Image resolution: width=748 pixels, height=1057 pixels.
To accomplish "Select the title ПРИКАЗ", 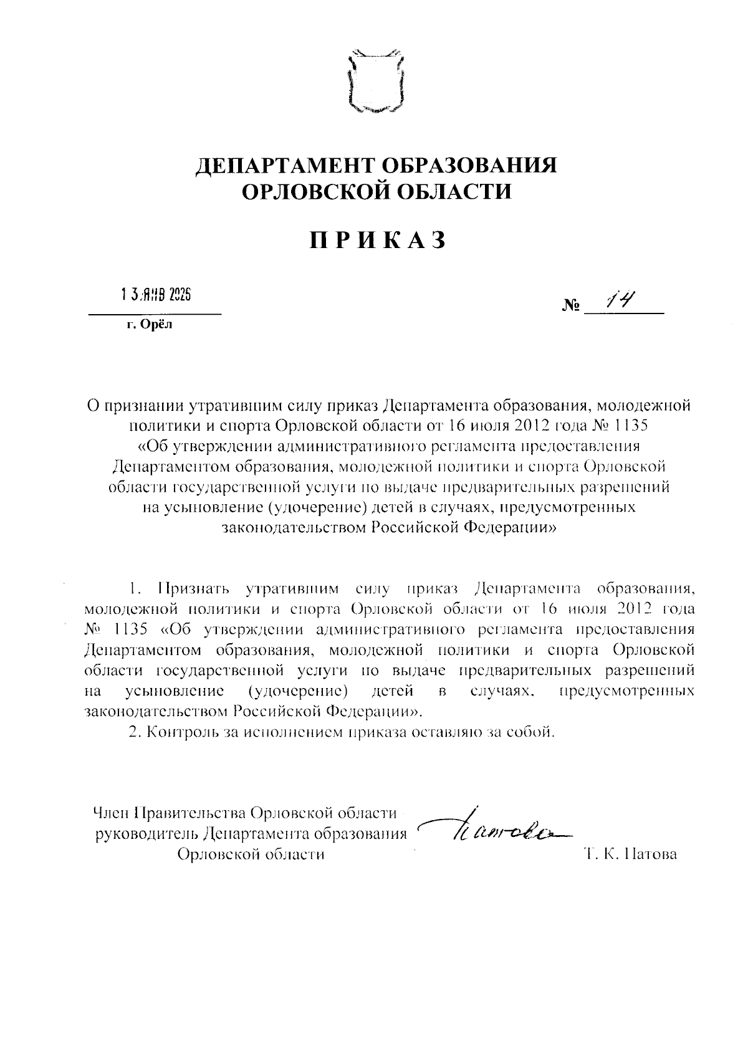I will [x=379, y=241].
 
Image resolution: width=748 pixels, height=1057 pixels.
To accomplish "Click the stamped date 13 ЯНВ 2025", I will [x=155, y=295].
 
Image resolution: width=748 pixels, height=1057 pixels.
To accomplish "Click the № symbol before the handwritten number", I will [x=571, y=307].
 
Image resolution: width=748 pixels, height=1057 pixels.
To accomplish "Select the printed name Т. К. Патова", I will [x=630, y=854].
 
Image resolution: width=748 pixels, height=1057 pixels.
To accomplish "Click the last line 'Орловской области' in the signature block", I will [x=251, y=854].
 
